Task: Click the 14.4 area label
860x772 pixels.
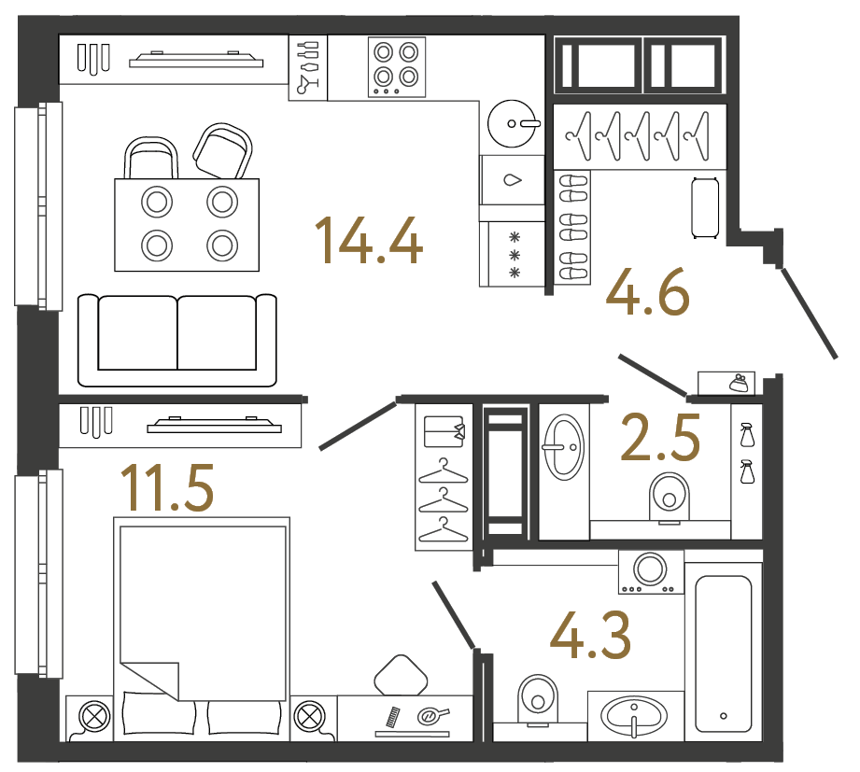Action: [x=370, y=240]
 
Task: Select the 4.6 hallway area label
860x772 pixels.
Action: [x=648, y=291]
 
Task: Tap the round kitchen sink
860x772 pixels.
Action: [x=513, y=121]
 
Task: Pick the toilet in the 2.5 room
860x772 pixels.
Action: [x=667, y=494]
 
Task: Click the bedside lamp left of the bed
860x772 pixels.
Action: [x=93, y=718]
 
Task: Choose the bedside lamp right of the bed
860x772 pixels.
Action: [x=307, y=718]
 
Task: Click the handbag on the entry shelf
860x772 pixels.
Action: [x=737, y=382]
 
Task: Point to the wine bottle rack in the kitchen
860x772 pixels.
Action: [x=308, y=67]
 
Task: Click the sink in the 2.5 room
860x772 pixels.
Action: [x=563, y=445]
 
